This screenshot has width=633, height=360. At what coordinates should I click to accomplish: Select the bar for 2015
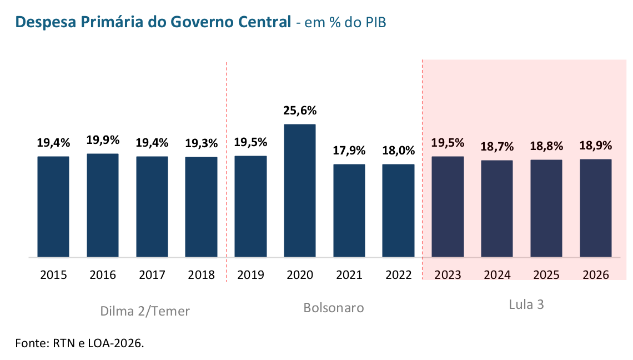(x=53, y=207)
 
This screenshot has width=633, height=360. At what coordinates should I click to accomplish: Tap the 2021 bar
(x=349, y=211)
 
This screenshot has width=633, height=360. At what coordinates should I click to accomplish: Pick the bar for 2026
(x=595, y=208)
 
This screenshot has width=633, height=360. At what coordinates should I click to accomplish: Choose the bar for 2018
(x=201, y=207)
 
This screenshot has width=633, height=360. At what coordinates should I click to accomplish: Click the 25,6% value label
(x=300, y=111)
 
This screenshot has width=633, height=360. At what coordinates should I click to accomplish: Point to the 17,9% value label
(x=349, y=151)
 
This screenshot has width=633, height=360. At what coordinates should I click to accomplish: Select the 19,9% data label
(x=103, y=140)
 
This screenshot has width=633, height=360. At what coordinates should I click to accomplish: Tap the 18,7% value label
(x=497, y=147)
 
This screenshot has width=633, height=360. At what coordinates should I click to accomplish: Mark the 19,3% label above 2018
(x=201, y=143)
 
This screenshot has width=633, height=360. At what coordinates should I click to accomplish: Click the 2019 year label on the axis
(x=250, y=275)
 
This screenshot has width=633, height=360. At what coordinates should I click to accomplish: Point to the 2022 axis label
(x=398, y=275)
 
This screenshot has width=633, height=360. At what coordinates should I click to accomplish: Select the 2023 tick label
(x=448, y=275)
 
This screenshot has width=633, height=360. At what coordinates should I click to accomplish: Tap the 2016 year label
(x=103, y=275)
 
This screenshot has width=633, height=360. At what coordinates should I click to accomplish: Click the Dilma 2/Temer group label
(x=145, y=311)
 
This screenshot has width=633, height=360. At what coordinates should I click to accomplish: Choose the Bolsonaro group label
(x=334, y=308)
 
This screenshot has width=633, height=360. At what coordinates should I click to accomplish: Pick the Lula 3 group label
(x=526, y=305)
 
